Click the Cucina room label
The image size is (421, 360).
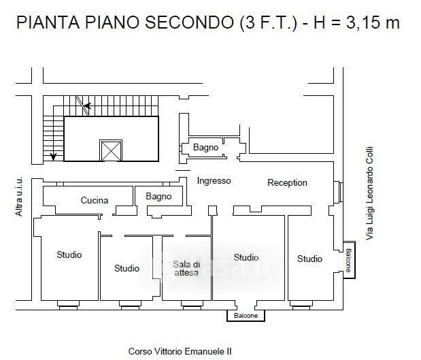tap(95, 200)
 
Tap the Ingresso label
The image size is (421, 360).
tap(214, 181)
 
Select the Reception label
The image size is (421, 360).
tap(287, 182)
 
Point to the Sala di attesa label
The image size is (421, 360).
tap(186, 268)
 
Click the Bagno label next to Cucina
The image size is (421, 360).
tap(158, 197)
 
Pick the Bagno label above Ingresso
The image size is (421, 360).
tap(205, 147)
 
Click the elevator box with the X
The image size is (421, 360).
tap(111, 150)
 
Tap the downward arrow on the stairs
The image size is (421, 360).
tap(54, 156)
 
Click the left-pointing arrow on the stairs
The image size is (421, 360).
tap(88, 106)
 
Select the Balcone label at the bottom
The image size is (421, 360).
tap(246, 315)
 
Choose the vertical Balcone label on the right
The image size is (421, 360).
tap(348, 261)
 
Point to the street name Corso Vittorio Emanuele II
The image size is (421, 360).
tap(180, 351)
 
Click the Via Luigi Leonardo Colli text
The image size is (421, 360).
tap(370, 193)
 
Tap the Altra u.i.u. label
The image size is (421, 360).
tap(19, 197)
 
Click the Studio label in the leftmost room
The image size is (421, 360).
tap(69, 255)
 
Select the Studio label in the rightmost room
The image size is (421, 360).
tap(309, 259)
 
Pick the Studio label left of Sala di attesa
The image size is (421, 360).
tap(127, 268)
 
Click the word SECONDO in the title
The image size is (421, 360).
tap(190, 22)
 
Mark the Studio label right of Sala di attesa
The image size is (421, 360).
tap(246, 257)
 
